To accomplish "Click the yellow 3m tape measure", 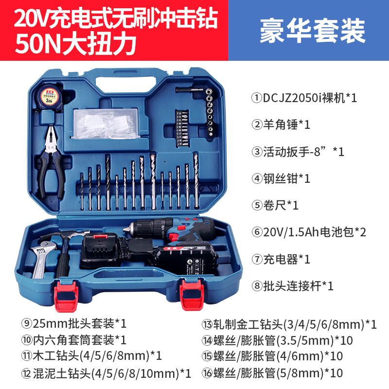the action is click(50, 97).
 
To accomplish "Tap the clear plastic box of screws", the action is click(105, 123).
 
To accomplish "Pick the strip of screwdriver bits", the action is click(182, 128).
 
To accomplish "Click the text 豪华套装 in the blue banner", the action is click(313, 31).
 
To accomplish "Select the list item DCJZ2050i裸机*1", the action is click(304, 98).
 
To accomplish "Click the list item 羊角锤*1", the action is click(281, 124).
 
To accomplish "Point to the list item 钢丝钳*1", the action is click(281, 178).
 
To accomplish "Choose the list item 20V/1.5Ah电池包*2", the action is click(309, 232).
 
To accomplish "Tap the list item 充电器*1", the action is click(281, 260).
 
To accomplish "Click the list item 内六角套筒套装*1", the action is click(74, 340).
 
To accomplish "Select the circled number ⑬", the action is click(207, 324).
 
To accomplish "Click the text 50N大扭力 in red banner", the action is click(75, 44).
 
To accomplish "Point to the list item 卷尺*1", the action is click(275, 205).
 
